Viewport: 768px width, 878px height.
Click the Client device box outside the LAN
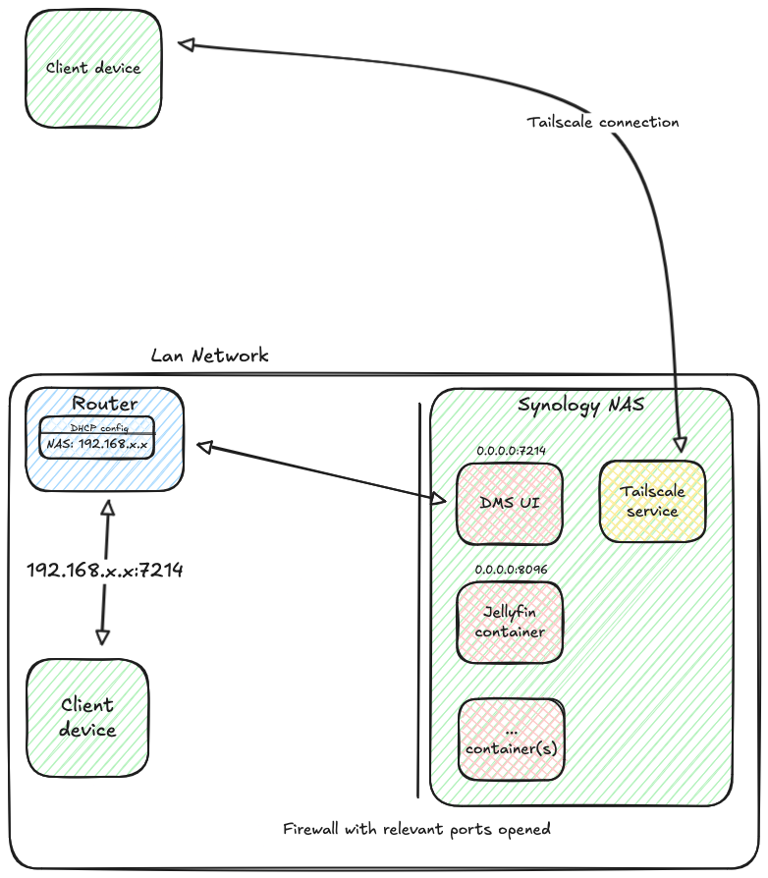point(93,69)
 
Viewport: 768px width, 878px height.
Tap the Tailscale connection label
point(602,123)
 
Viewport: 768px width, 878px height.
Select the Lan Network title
point(209,356)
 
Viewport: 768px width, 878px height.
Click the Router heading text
point(105,404)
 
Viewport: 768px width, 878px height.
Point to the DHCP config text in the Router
point(98,428)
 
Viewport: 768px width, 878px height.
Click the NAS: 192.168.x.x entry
point(96,444)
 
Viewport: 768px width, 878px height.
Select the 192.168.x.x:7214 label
point(104,570)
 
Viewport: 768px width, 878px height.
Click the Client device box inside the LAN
point(87,717)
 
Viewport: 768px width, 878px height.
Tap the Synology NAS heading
point(580,405)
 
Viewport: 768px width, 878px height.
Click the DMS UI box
point(509,504)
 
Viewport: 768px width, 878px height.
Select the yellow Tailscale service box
point(652,501)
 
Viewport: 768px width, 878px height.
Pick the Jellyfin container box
point(509,622)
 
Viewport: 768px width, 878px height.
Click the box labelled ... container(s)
point(511,740)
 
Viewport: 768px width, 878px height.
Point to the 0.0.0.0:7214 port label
point(511,451)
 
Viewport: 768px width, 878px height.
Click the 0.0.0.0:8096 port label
point(511,569)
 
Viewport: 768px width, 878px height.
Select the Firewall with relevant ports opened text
point(416,829)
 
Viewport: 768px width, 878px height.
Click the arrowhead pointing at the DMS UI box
point(439,499)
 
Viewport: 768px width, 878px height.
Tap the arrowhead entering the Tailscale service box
point(680,444)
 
